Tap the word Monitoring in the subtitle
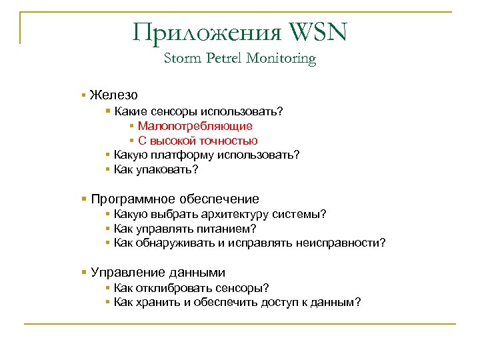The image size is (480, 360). pyautogui.click(x=281, y=59)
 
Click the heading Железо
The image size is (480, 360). pyautogui.click(x=114, y=95)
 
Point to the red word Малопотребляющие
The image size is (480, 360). pyautogui.click(x=195, y=126)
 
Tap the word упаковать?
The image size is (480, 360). pyautogui.click(x=167, y=170)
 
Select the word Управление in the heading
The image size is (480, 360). pyautogui.click(x=125, y=273)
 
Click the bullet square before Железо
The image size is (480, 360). pyautogui.click(x=83, y=96)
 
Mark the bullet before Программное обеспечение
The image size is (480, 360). pyautogui.click(x=83, y=199)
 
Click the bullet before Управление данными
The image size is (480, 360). pyautogui.click(x=83, y=273)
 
